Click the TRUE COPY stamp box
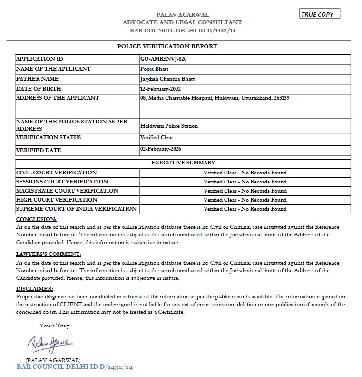(x=320, y=14)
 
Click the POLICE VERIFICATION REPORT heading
(x=167, y=46)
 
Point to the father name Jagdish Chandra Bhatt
(x=167, y=79)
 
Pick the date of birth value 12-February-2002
(x=160, y=89)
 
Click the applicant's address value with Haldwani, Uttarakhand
(x=215, y=98)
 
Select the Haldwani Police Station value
(x=169, y=126)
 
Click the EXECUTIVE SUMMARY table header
(x=183, y=163)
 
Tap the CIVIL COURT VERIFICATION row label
(x=57, y=173)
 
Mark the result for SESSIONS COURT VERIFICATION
(x=245, y=182)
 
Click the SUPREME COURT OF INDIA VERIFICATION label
(x=77, y=209)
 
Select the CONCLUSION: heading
(x=36, y=219)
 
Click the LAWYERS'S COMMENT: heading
(x=49, y=254)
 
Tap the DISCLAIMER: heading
(x=34, y=289)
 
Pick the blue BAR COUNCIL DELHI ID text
(x=74, y=367)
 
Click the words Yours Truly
(x=55, y=326)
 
